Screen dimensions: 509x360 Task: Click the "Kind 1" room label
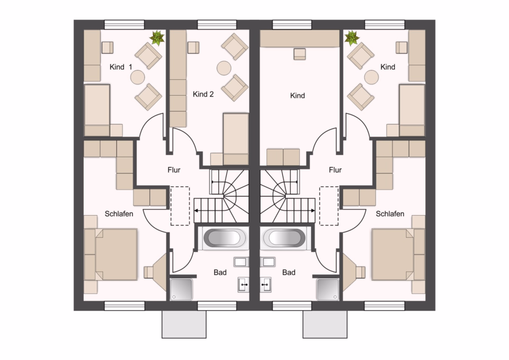tap(121, 67)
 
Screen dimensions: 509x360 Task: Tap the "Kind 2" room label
tap(203, 94)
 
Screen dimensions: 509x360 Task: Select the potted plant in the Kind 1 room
tap(157, 38)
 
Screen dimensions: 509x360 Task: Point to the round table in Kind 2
tap(224, 68)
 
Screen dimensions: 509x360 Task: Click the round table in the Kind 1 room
tap(137, 78)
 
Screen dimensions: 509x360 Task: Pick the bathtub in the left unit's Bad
tap(225, 238)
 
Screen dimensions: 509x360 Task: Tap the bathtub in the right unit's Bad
tap(284, 238)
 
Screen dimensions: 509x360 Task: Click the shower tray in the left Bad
tap(181, 289)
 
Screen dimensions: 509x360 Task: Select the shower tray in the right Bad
tap(328, 289)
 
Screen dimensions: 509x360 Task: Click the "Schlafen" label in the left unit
tap(119, 214)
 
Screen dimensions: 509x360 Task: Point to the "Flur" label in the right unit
tap(335, 170)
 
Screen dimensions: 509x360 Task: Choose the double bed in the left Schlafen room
tap(110, 254)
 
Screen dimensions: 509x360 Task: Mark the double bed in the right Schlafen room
tap(398, 254)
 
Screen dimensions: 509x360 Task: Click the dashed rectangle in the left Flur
tap(180, 206)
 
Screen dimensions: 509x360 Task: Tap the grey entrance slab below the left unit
tap(184, 324)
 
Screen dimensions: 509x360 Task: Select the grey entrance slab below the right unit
tap(325, 324)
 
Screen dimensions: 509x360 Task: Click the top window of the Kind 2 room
tap(217, 25)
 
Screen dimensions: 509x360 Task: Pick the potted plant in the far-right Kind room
tap(352, 38)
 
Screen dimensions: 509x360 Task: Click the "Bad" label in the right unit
tap(288, 272)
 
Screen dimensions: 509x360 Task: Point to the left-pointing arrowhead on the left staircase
tap(196, 211)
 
